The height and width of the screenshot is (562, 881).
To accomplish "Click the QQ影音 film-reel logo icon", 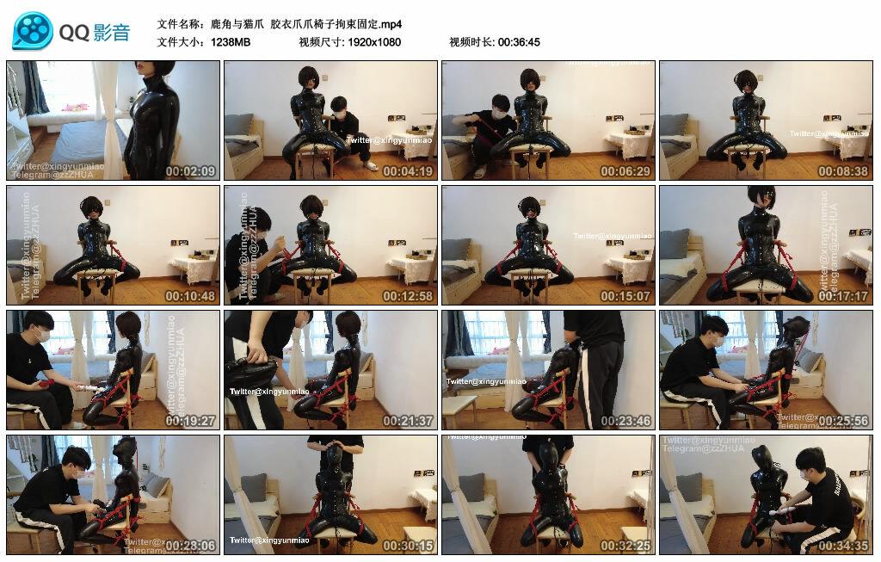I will pyautogui.click(x=33, y=32).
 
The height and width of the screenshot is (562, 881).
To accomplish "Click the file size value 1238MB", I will pyautogui.click(x=231, y=41).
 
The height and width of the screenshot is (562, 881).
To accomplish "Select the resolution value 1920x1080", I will pyautogui.click(x=374, y=41).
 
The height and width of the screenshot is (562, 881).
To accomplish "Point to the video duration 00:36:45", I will pyautogui.click(x=519, y=41).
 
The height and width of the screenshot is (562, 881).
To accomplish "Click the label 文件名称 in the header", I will pyautogui.click(x=182, y=24).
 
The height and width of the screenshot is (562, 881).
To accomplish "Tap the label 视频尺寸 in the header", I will pyautogui.click(x=320, y=41).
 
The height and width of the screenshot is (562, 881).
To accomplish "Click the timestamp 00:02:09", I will pyautogui.click(x=190, y=171).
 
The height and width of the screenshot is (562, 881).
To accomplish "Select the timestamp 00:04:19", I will pyautogui.click(x=408, y=171).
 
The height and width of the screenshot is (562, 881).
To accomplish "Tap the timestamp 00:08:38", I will pyautogui.click(x=843, y=171).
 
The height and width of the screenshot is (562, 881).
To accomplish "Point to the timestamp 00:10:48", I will pyautogui.click(x=190, y=296).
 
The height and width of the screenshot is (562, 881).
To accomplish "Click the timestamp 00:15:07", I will pyautogui.click(x=625, y=296).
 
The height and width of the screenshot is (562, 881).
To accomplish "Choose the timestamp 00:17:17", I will pyautogui.click(x=843, y=296).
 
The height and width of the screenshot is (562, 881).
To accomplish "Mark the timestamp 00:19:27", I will pyautogui.click(x=190, y=421).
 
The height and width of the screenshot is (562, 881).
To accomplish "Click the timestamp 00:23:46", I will pyautogui.click(x=625, y=421).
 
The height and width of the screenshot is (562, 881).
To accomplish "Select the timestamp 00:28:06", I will pyautogui.click(x=190, y=546).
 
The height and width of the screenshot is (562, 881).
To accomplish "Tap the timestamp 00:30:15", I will pyautogui.click(x=408, y=546).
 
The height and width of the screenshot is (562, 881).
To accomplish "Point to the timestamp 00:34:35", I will pyautogui.click(x=843, y=546).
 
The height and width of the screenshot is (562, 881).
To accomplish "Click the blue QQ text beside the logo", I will pyautogui.click(x=75, y=33).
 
